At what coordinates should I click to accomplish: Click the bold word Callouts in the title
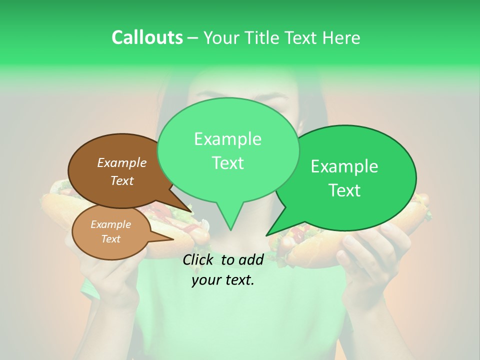click(x=147, y=37)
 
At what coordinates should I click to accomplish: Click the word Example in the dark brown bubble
click(x=121, y=162)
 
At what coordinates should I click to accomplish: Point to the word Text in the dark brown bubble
click(x=121, y=180)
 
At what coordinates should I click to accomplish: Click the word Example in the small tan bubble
click(x=110, y=224)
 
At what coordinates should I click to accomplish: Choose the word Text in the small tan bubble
click(x=110, y=239)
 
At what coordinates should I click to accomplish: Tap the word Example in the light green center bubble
click(x=227, y=139)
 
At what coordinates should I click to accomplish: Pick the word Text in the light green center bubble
click(x=227, y=163)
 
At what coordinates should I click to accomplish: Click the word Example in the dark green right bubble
click(x=344, y=166)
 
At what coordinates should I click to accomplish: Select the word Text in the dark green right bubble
click(x=345, y=190)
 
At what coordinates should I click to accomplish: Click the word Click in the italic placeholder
click(x=199, y=259)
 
